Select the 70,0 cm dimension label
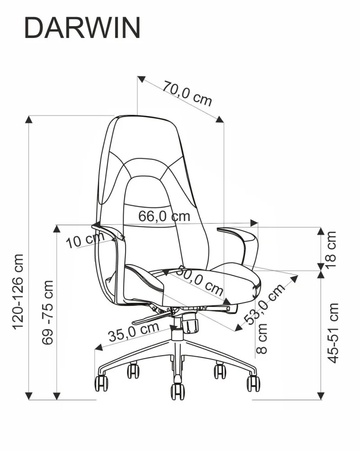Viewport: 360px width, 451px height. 187,93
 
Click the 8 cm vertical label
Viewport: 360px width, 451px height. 263,338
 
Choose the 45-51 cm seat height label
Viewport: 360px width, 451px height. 333,333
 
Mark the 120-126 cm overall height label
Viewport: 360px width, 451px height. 18,291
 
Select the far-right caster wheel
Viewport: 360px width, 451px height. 253,383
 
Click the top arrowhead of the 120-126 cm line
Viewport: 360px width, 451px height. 29,120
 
